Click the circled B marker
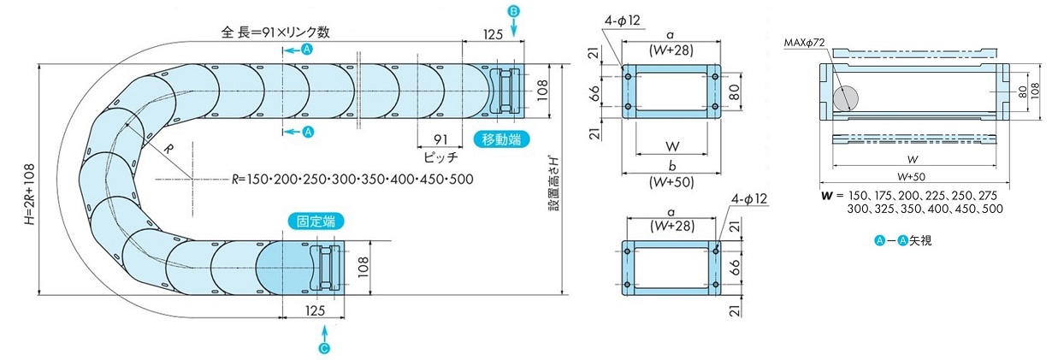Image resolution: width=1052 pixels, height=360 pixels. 513,11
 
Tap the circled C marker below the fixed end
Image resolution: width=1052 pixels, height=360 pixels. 324,348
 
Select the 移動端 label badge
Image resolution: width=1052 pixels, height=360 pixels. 501,139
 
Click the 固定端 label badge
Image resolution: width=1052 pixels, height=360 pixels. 316,221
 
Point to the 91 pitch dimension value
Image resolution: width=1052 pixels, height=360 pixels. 440,139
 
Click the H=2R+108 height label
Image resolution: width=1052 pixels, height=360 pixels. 30,194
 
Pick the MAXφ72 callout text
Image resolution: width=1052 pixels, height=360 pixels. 804,43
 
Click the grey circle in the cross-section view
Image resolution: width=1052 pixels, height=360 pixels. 845,98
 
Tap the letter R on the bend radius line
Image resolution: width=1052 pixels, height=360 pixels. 168,150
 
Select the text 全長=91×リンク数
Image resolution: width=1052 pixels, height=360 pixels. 275,32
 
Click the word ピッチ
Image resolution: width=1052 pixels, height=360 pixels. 440,156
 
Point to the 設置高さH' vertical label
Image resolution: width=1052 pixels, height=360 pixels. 554,184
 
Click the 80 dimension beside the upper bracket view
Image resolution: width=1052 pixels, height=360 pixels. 735,91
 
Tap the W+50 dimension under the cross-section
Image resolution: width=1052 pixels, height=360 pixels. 911,177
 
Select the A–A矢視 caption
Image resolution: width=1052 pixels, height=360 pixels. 902,241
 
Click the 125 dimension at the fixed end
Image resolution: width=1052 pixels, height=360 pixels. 315,310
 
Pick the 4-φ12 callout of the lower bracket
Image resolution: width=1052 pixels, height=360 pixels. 749,199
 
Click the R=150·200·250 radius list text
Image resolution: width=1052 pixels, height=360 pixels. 352,180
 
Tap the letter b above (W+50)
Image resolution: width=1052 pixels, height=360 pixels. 672,166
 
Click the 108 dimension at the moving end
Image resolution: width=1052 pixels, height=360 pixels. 542,90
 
